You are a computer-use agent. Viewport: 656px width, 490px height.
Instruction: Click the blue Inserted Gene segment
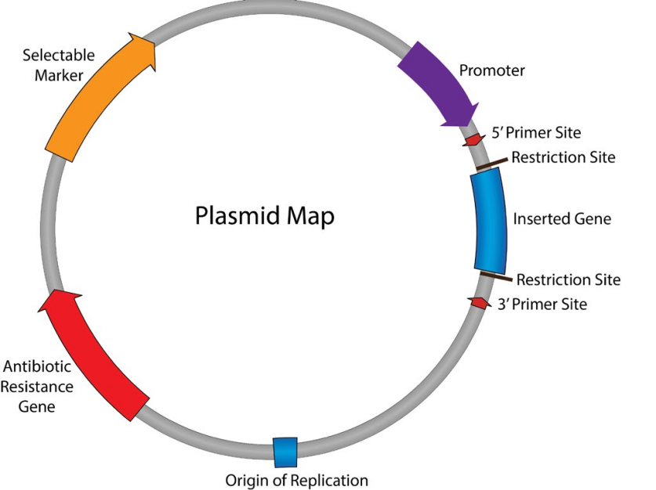tap(489, 220)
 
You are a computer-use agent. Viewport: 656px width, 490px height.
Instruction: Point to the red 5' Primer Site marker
tap(474, 139)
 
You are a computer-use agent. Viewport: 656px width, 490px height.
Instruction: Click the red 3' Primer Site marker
tap(477, 302)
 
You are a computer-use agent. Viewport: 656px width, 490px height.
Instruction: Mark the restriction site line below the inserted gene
tap(496, 275)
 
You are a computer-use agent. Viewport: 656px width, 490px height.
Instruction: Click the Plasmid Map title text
tap(264, 215)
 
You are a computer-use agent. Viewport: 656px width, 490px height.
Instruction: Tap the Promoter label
tap(491, 71)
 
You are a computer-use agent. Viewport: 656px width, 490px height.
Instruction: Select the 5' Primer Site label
tap(536, 133)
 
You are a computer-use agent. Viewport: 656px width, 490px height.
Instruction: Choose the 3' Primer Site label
tap(542, 304)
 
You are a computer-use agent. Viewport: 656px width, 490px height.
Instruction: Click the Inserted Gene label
tap(561, 219)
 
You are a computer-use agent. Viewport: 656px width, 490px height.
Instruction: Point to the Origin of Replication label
tap(296, 479)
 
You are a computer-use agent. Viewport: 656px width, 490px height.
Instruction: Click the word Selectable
tap(58, 56)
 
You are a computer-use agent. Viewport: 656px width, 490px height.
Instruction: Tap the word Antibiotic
tap(38, 366)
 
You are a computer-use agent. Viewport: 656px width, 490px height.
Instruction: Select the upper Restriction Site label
tap(563, 157)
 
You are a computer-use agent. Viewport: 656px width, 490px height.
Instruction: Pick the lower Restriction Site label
tap(568, 279)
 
